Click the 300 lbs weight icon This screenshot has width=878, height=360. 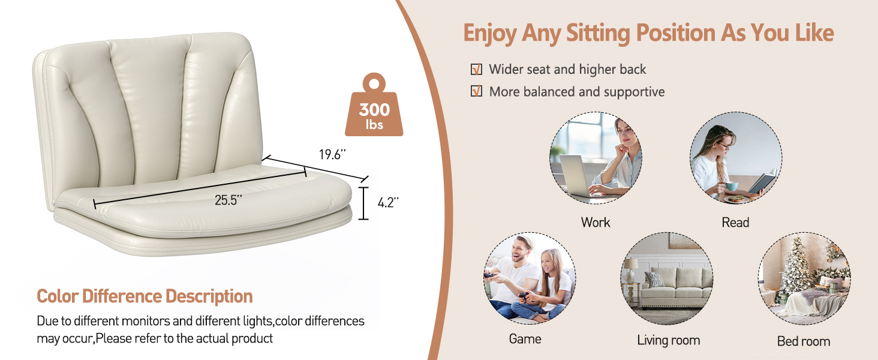click(374, 106)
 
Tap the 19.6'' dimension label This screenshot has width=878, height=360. click(332, 155)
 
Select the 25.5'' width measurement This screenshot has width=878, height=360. click(228, 200)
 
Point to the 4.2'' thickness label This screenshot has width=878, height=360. click(388, 202)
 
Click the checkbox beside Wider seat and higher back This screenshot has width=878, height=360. click(476, 70)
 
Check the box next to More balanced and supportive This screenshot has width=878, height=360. click(476, 91)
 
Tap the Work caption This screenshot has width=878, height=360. click(596, 223)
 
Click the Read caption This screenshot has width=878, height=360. click(735, 223)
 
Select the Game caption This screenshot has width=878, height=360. click(525, 339)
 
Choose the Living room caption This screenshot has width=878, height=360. click(668, 340)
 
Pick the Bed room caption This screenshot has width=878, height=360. click(804, 341)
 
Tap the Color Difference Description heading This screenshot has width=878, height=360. click(145, 296)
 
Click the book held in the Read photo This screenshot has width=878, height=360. click(763, 181)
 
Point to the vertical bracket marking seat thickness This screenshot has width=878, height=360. click(364, 203)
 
